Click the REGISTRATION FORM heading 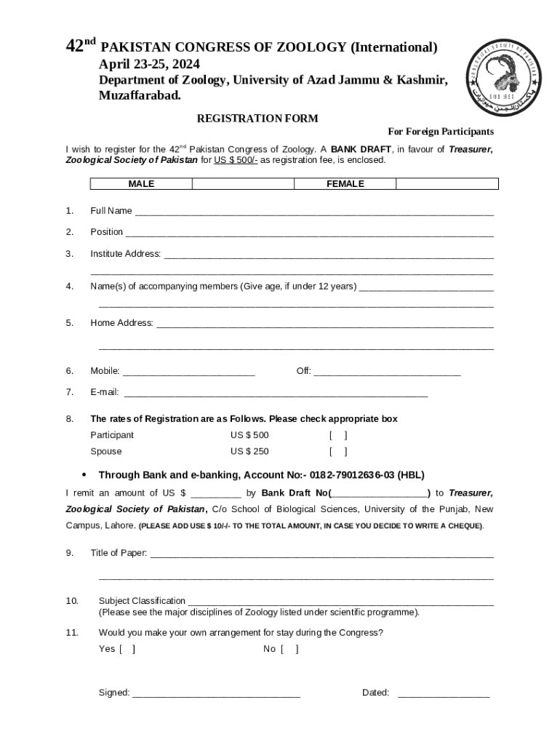(x=257, y=119)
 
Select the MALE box (x=141, y=184)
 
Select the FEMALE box (x=345, y=184)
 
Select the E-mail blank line (x=276, y=394)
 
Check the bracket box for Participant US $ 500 (x=338, y=436)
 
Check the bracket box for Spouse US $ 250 (x=338, y=452)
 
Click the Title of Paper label (x=119, y=553)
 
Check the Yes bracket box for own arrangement (x=127, y=649)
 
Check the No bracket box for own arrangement (x=290, y=649)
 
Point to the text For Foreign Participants (x=441, y=132)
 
